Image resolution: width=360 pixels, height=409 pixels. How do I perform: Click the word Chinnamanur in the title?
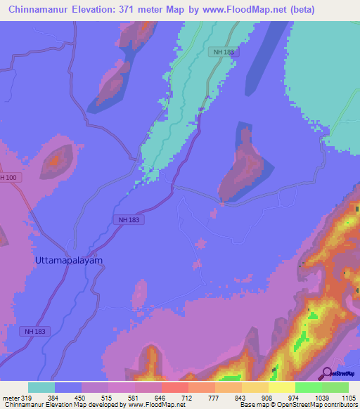(39, 10)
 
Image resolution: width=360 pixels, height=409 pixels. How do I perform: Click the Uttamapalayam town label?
(69, 260)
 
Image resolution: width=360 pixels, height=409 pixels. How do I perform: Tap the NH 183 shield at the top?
(224, 52)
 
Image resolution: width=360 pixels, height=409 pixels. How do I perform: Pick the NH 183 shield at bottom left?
(37, 331)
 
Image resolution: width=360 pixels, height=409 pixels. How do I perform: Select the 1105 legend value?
(349, 398)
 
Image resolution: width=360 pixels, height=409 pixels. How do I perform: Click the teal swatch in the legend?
(41, 387)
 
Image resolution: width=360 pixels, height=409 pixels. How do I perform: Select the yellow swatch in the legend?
(282, 387)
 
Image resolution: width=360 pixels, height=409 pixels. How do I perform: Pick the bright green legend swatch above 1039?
(309, 387)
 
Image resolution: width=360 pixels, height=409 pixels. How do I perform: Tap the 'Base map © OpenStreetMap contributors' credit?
(298, 405)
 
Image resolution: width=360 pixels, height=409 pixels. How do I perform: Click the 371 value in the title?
(127, 10)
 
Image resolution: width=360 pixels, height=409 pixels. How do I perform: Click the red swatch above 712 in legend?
(175, 387)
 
